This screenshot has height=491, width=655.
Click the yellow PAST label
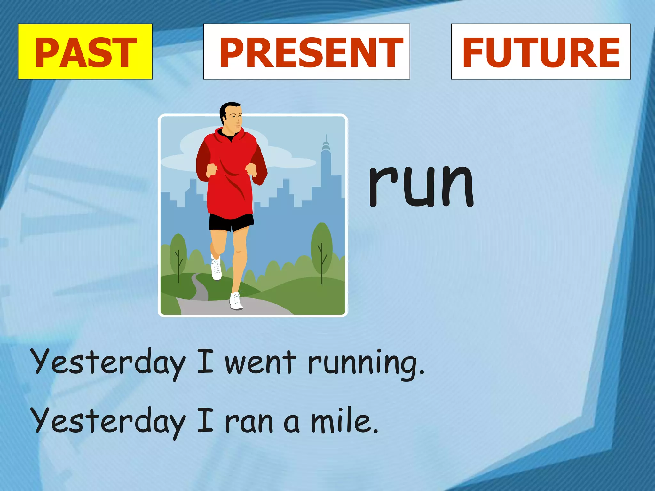pyautogui.click(x=85, y=51)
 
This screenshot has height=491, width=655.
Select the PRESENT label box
pyautogui.click(x=307, y=51)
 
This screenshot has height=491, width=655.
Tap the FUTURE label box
pyautogui.click(x=541, y=51)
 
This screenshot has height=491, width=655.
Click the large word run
pyautogui.click(x=421, y=185)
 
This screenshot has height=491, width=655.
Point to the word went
pyautogui.click(x=260, y=362)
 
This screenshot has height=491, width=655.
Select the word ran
pyautogui.click(x=249, y=422)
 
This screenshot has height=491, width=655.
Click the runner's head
pyautogui.click(x=231, y=116)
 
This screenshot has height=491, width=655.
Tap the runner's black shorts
pyautogui.click(x=231, y=222)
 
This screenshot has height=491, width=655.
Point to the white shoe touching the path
pyautogui.click(x=236, y=302)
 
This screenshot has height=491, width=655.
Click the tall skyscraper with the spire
pyautogui.click(x=326, y=169)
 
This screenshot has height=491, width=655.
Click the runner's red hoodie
pyautogui.click(x=230, y=173)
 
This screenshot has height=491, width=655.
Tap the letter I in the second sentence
pyautogui.click(x=205, y=421)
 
